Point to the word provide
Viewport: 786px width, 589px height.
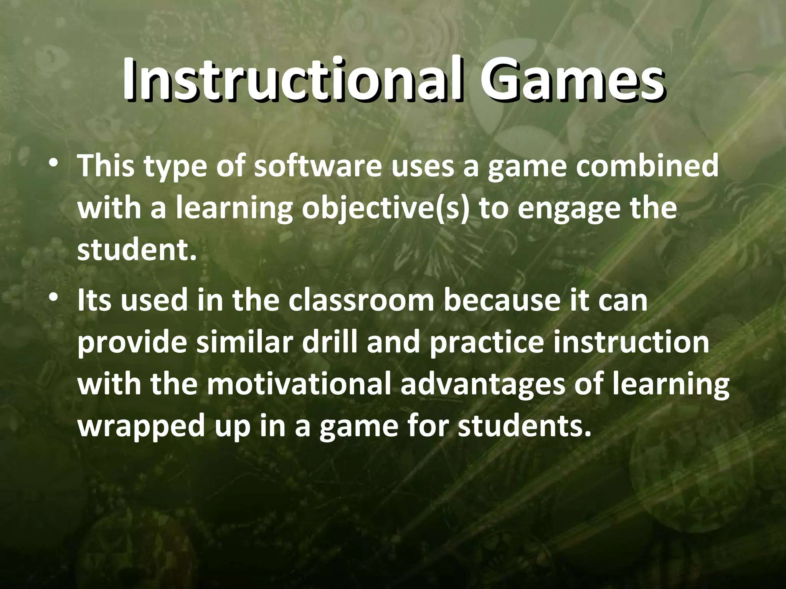coord(133,343)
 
